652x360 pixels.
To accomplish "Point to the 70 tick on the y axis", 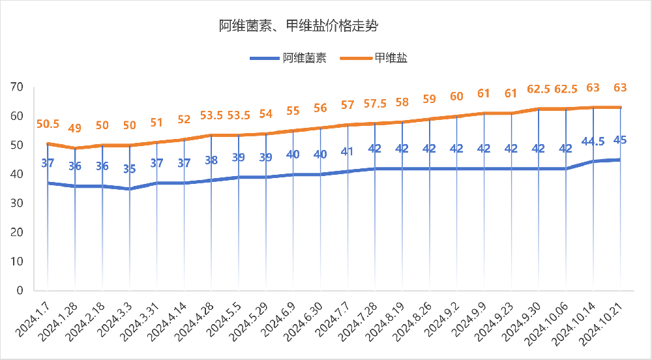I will (16, 87).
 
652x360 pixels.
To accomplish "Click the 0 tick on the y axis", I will (20, 290).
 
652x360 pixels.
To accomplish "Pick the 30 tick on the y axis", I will (16, 203).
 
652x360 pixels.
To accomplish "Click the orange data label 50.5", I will (48, 124).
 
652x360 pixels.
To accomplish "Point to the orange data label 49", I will (75, 128).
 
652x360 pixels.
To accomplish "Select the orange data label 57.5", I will (375, 104).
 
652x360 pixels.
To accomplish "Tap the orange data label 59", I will (430, 99).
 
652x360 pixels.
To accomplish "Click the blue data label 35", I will (130, 169).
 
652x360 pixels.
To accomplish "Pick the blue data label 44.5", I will (593, 141).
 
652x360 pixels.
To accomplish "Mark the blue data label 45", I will (620, 140).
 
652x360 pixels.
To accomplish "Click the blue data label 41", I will (348, 151).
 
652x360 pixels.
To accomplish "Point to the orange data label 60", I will (457, 97).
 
